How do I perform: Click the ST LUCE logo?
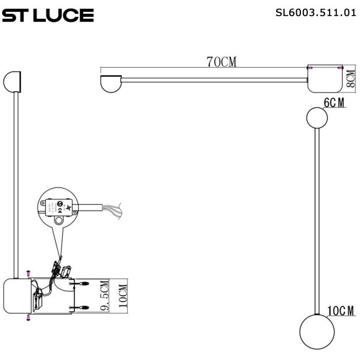pyautogui.click(x=48, y=16)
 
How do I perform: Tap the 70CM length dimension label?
pyautogui.click(x=222, y=61)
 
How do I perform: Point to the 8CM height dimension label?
pyautogui.click(x=350, y=78)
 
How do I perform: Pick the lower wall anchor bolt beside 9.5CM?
pyautogui.click(x=81, y=307)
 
